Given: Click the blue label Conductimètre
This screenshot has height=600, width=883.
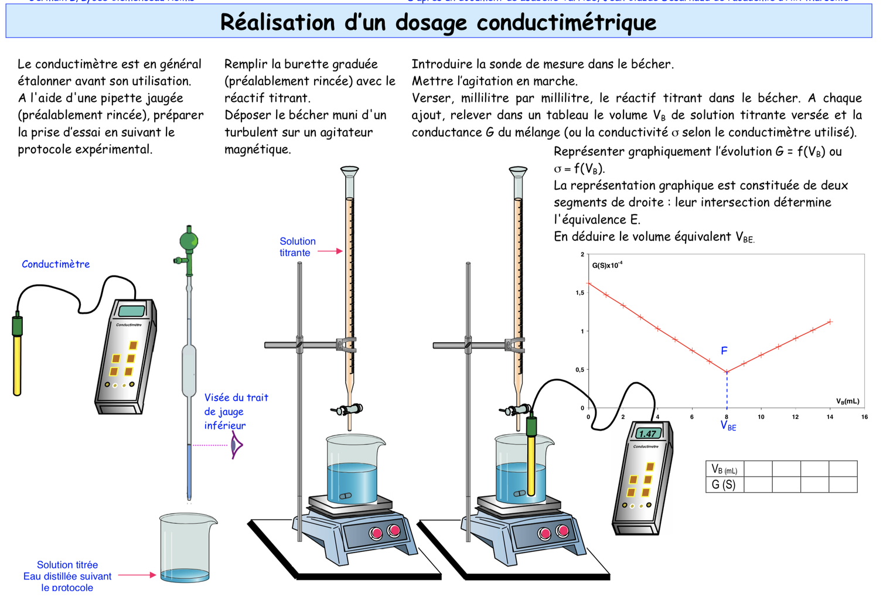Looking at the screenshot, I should pos(56,264).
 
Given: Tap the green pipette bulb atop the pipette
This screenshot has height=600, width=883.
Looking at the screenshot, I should pos(189,241).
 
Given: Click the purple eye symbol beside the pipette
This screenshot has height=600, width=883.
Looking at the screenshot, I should pos(236,445).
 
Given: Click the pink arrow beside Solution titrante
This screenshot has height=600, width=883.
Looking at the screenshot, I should pos(330,251).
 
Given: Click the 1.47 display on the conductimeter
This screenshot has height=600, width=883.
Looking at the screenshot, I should pos(648,434).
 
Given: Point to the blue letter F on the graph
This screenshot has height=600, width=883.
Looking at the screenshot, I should pos(724,350).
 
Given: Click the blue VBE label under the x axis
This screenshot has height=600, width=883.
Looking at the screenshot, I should pos(728,425).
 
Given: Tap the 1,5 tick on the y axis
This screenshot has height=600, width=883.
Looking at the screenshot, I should pos(579,292).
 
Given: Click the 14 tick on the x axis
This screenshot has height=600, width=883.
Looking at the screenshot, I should pos(830,417).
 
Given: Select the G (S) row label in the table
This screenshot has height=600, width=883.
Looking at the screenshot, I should pos(724,485).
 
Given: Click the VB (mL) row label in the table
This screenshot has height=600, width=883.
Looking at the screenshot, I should pos(724,469).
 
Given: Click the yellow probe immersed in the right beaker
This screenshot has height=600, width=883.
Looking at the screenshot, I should pos(531,463).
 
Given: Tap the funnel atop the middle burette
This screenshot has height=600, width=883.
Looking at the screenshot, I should pos(349,171).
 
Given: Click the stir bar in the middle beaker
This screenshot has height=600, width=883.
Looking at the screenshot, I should pos(346,496).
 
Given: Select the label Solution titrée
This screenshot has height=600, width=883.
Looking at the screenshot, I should pos(67,565).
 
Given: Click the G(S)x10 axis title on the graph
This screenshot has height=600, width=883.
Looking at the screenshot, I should pos(606,265).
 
